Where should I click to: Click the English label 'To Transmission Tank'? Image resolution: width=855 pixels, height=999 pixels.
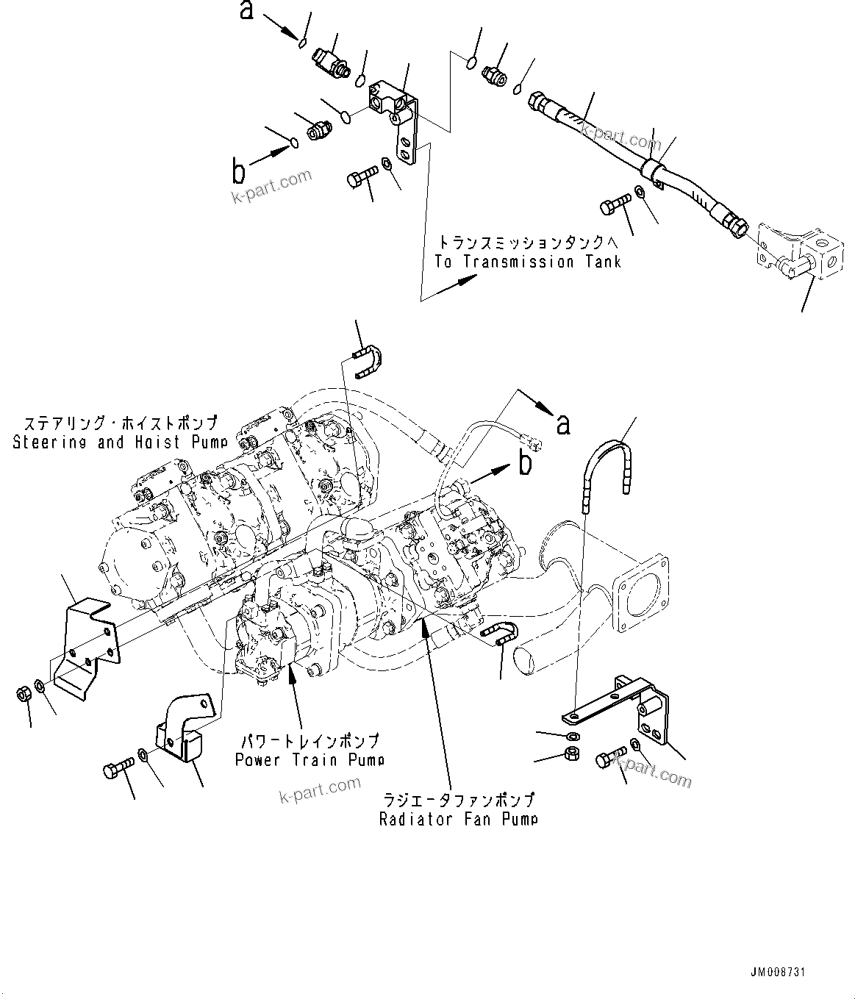tap(527, 262)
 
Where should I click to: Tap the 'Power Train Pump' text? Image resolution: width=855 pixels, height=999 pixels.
tap(310, 759)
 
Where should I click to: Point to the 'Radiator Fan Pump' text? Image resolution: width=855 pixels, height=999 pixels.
tap(458, 818)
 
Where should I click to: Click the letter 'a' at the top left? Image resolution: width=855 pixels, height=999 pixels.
tap(248, 10)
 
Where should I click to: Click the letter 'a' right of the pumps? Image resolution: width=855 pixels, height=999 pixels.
tap(563, 423)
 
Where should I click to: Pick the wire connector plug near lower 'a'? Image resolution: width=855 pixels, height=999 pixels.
tap(533, 442)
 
